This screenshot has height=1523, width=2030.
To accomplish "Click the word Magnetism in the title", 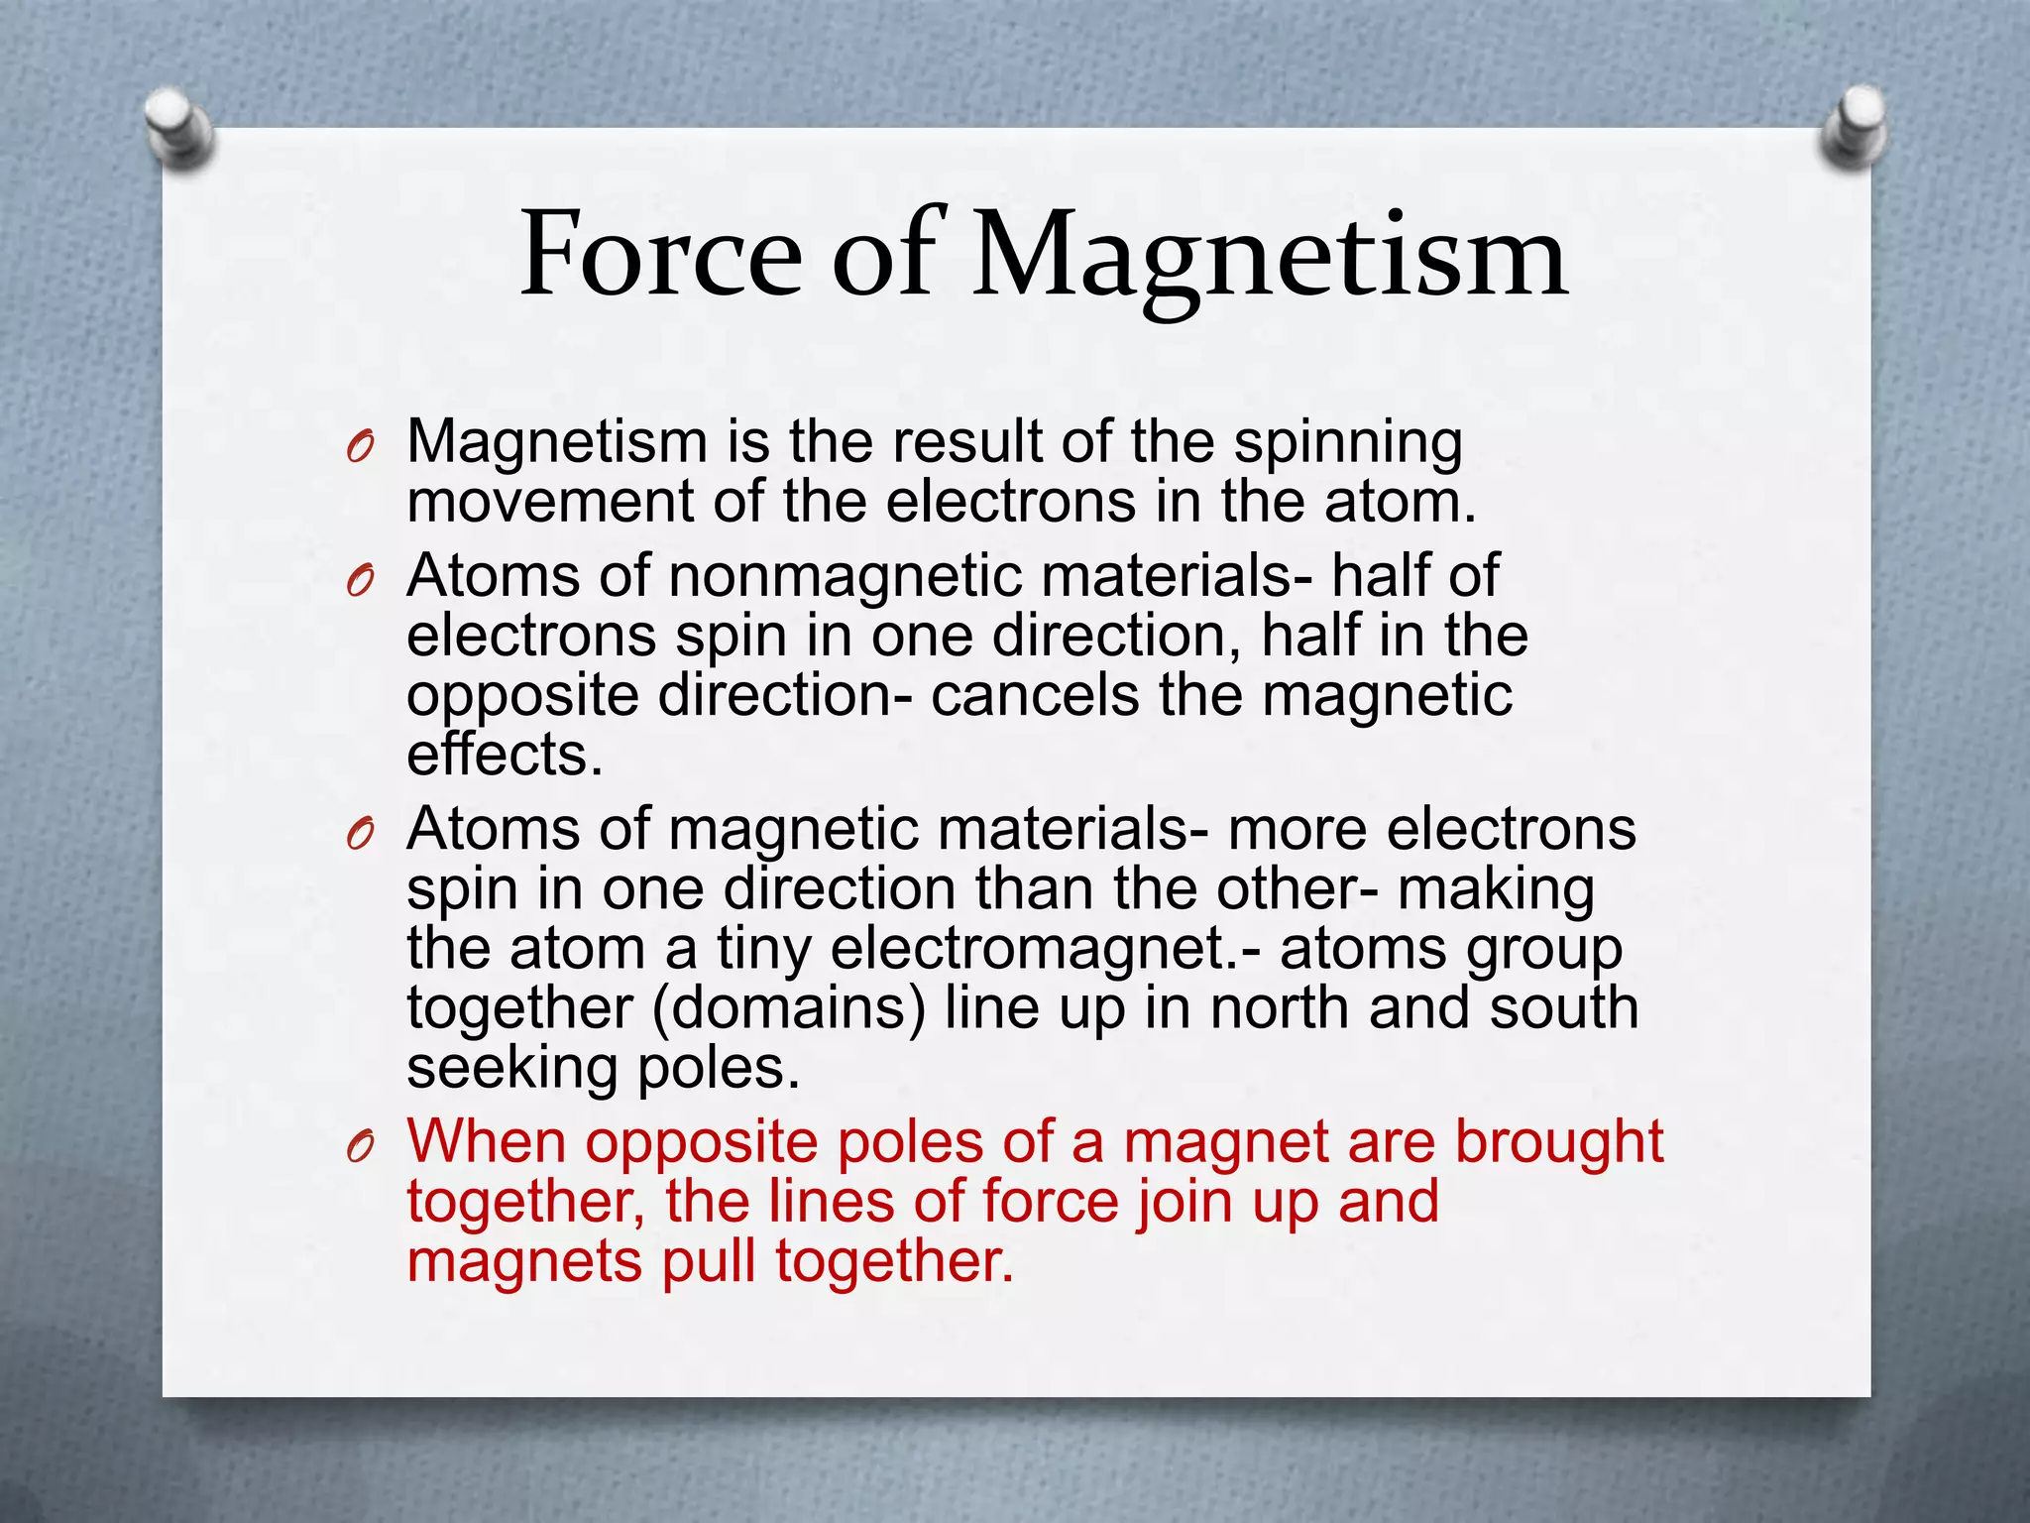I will (x=1270, y=258).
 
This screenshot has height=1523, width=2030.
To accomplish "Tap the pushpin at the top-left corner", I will (x=178, y=128).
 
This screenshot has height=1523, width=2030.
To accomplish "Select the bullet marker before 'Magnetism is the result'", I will (x=360, y=448).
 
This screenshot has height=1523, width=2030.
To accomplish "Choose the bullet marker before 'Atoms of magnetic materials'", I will (x=360, y=836).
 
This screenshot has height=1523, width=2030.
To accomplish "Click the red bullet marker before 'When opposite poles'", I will (x=360, y=1148).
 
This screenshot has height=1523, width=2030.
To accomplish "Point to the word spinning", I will (x=1347, y=444).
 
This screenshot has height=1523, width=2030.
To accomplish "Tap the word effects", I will (x=505, y=756).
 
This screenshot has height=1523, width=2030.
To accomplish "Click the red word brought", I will (x=1558, y=1142).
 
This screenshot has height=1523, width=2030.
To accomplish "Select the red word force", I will (x=1050, y=1202).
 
